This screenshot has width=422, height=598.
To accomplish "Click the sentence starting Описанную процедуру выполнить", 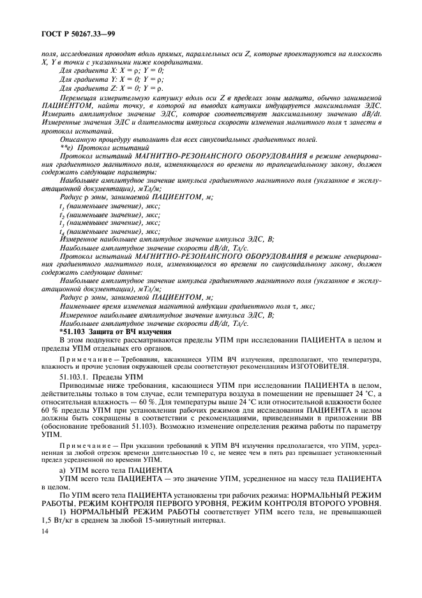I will (160, 138).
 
